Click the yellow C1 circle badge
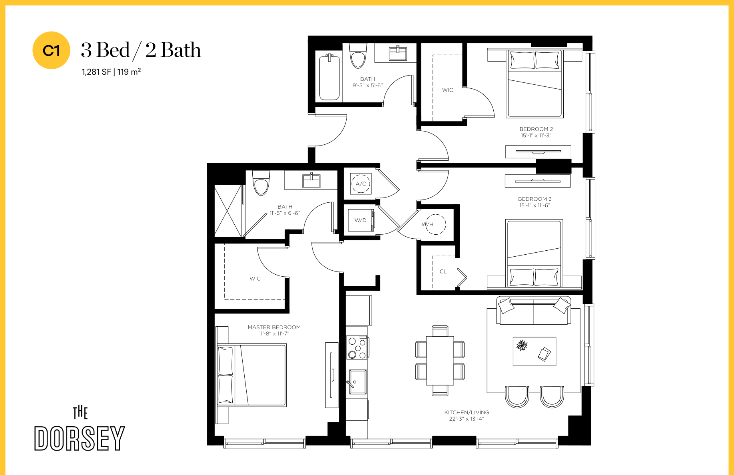[51, 50]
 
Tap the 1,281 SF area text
[96, 72]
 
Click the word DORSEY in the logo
[80, 438]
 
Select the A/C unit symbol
[361, 184]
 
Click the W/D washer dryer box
[361, 220]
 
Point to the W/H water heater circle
[435, 224]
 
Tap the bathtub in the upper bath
[329, 77]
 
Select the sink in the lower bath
[311, 181]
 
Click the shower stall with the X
[228, 211]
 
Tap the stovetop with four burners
[357, 347]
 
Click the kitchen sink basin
[358, 382]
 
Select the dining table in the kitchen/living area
[440, 361]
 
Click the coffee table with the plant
[535, 351]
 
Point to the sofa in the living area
[534, 311]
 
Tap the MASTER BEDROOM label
[274, 327]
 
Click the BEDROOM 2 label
[536, 129]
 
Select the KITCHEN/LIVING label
[467, 412]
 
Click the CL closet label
[443, 271]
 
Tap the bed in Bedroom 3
[534, 253]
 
